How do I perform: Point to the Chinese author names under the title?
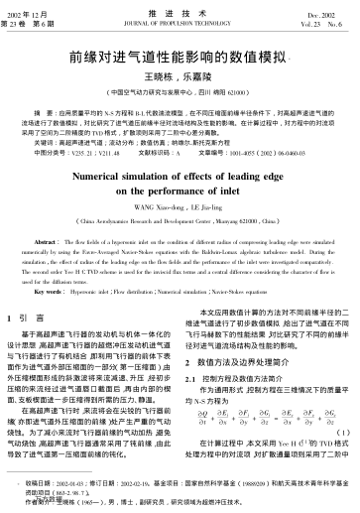point(179,75)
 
